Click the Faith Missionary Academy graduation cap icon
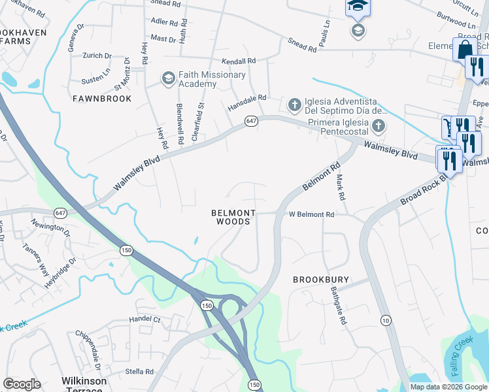coord(168,79)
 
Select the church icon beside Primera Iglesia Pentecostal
coord(378,125)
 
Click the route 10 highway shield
coord(386,319)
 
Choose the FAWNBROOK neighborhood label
coord(102,98)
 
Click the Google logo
coord(22,384)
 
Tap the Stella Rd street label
coord(140,372)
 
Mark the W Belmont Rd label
coord(312,214)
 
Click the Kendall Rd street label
coord(237,61)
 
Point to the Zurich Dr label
coord(97,56)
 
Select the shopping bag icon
coord(465,50)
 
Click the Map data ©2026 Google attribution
coord(448,387)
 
